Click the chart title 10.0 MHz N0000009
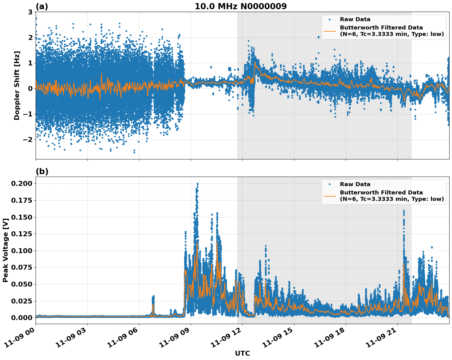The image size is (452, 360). pyautogui.click(x=240, y=6)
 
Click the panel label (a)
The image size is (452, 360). pyautogui.click(x=42, y=6)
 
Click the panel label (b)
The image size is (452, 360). pyautogui.click(x=42, y=171)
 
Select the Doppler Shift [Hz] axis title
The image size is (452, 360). pyautogui.click(x=17, y=85)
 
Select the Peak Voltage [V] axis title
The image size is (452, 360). pyautogui.click(x=5, y=250)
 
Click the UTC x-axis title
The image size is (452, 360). pyautogui.click(x=242, y=353)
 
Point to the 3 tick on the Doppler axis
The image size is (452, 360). pyautogui.click(x=30, y=12)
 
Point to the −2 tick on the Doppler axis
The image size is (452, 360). pyautogui.click(x=28, y=139)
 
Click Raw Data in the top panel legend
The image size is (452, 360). pyautogui.click(x=355, y=19)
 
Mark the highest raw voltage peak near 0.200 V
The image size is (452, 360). pyautogui.click(x=197, y=184)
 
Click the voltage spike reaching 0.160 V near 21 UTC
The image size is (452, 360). pyautogui.click(x=404, y=211)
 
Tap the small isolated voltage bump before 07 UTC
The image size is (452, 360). pyautogui.click(x=153, y=297)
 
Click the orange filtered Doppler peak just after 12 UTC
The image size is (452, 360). pyautogui.click(x=255, y=62)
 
